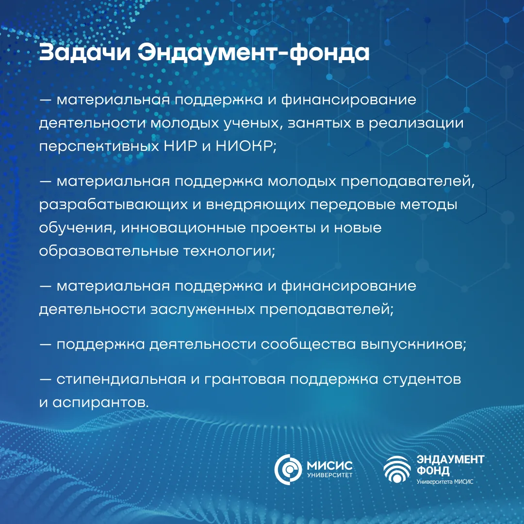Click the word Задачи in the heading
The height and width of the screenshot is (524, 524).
click(x=84, y=53)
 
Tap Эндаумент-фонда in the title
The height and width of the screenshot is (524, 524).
click(x=254, y=53)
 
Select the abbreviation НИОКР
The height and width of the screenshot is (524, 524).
click(x=246, y=146)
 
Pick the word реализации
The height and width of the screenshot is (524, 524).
click(x=416, y=123)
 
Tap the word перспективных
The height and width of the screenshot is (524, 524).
click(x=99, y=147)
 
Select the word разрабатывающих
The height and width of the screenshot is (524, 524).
click(x=113, y=205)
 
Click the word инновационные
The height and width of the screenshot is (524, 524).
click(x=183, y=228)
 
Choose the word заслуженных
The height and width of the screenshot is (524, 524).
click(x=203, y=309)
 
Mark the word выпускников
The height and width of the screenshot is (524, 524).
click(x=413, y=344)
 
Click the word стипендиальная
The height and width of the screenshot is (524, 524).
click(x=121, y=379)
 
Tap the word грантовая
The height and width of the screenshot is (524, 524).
click(x=245, y=379)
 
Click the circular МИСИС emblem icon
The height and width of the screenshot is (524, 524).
click(x=288, y=469)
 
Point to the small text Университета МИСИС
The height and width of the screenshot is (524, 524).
click(x=445, y=482)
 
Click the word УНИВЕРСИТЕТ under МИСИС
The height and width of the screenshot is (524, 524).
click(x=329, y=475)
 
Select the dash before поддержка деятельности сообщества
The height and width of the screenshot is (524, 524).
click(x=45, y=344)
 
